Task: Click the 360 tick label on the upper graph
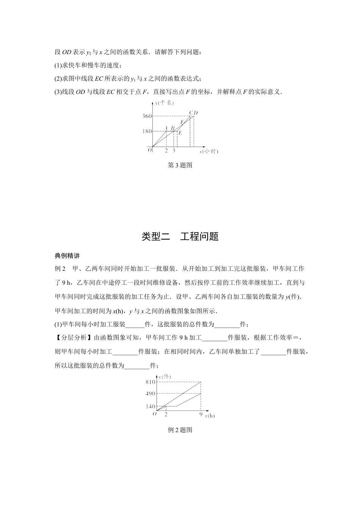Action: coord(147,116)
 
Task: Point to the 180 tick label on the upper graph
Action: coord(147,131)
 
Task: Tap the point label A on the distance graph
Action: coord(166,128)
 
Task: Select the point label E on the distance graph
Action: coord(180,133)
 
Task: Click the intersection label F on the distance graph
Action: coord(182,122)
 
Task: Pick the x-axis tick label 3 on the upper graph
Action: coord(174,151)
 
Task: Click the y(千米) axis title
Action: coord(164,103)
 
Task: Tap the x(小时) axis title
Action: coord(208,151)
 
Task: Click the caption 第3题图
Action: coord(180,165)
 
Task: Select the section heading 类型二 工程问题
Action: coord(180,237)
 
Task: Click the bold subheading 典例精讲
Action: coord(67,256)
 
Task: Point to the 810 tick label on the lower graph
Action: coord(150,382)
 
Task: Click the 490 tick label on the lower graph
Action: coord(150,394)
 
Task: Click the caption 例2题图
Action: coord(180,430)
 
